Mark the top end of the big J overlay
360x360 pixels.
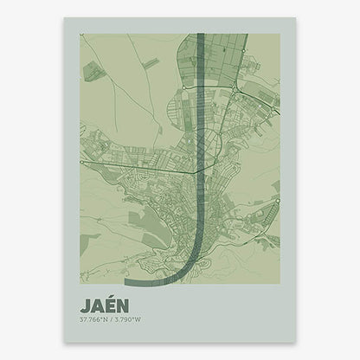(x=201, y=36)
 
